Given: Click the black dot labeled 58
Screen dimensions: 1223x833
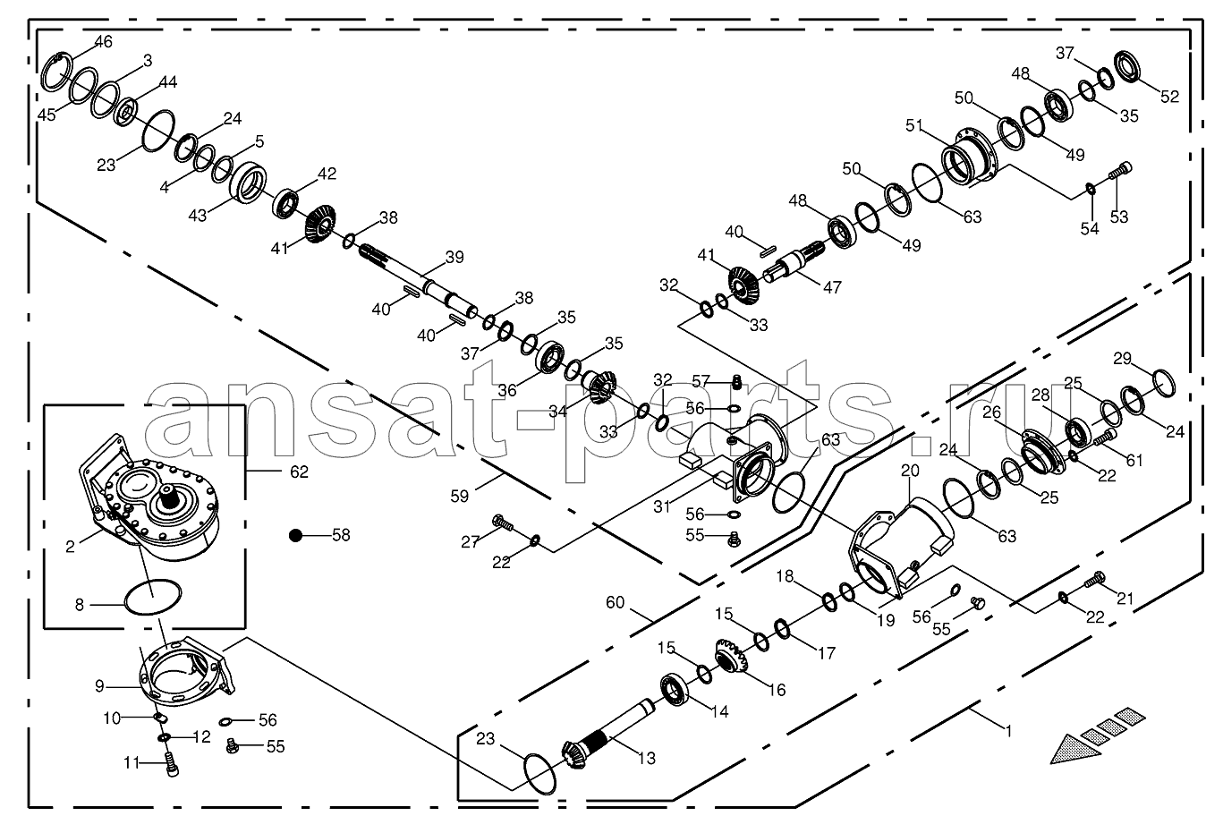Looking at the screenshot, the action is pos(295,535).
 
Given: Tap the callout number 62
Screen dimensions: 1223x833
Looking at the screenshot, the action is pos(299,472).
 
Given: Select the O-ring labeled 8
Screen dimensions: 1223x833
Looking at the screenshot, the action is pos(153,597).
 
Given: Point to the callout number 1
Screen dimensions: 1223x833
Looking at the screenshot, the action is pos(1008,731).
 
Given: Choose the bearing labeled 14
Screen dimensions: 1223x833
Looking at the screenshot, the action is pos(674,691).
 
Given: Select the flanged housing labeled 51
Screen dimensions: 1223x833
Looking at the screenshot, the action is pos(969,155).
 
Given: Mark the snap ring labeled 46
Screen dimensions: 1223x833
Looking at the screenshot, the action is pos(56,72).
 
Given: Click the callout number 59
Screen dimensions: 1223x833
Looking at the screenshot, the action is pos(459,497).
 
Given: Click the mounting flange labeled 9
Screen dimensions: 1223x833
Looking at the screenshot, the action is pos(184,671).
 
